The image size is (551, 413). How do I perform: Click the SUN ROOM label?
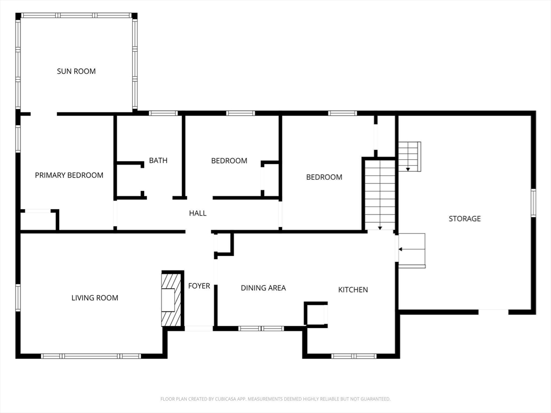(76, 71)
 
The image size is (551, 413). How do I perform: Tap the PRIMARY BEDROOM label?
(69, 175)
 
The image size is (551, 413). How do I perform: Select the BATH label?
(158, 160)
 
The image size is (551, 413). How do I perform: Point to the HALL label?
(197, 213)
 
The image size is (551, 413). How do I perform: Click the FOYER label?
(199, 286)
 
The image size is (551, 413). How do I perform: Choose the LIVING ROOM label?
(95, 297)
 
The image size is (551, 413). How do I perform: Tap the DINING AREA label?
(263, 288)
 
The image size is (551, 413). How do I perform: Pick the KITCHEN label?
(353, 289)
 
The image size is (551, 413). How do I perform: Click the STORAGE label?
(465, 218)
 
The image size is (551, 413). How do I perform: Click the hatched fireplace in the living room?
(172, 299)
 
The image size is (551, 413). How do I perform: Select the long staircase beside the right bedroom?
(380, 194)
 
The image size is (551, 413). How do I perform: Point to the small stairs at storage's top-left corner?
(409, 156)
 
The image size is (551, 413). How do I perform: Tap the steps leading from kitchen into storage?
(412, 250)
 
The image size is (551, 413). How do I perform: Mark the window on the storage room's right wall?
(533, 203)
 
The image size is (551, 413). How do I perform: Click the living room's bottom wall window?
(91, 356)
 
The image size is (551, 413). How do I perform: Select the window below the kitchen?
(354, 356)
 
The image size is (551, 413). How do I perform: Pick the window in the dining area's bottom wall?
(261, 328)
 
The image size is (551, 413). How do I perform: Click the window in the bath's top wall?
(163, 113)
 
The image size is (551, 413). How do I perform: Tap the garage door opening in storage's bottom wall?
(493, 311)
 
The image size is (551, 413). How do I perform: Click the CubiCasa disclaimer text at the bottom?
(275, 399)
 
